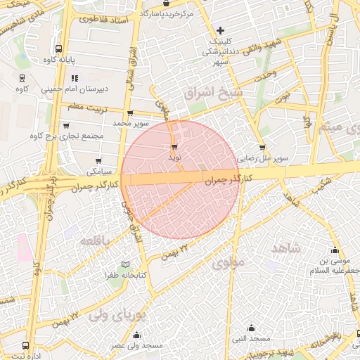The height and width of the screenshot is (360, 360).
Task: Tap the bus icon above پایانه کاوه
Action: [x=58, y=49]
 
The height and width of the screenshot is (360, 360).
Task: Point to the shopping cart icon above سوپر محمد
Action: [x=129, y=112]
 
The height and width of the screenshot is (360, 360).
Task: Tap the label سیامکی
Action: [x=99, y=172]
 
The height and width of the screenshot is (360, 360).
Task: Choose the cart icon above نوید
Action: [x=174, y=147]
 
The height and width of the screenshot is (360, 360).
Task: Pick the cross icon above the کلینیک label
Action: [x=221, y=30]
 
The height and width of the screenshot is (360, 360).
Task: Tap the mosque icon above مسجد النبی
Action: [x=252, y=327]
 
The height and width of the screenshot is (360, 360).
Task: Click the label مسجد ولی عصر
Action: [x=136, y=346]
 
